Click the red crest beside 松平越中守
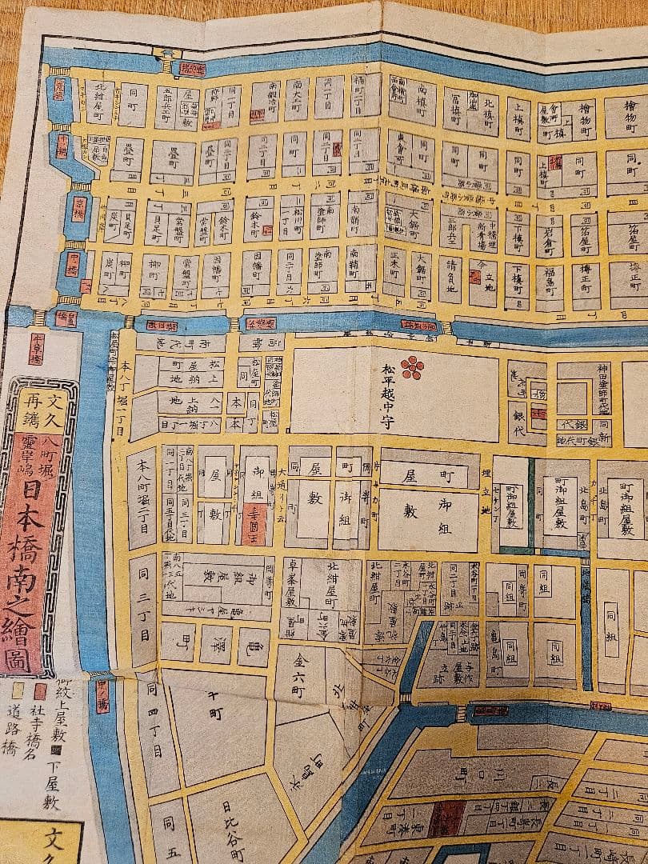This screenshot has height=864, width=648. [x=412, y=366]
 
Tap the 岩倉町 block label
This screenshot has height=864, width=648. [x=549, y=230]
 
